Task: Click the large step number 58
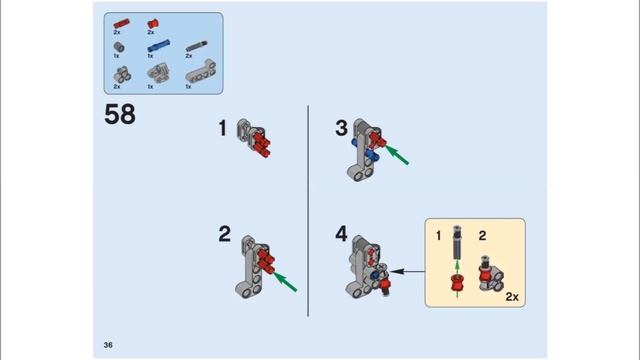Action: (119, 114)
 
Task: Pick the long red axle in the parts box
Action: (121, 21)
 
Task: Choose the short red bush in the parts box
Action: (153, 21)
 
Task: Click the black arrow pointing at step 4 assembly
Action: (405, 270)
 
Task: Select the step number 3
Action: (341, 128)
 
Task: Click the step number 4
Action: (341, 235)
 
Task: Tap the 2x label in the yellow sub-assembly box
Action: (512, 297)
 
